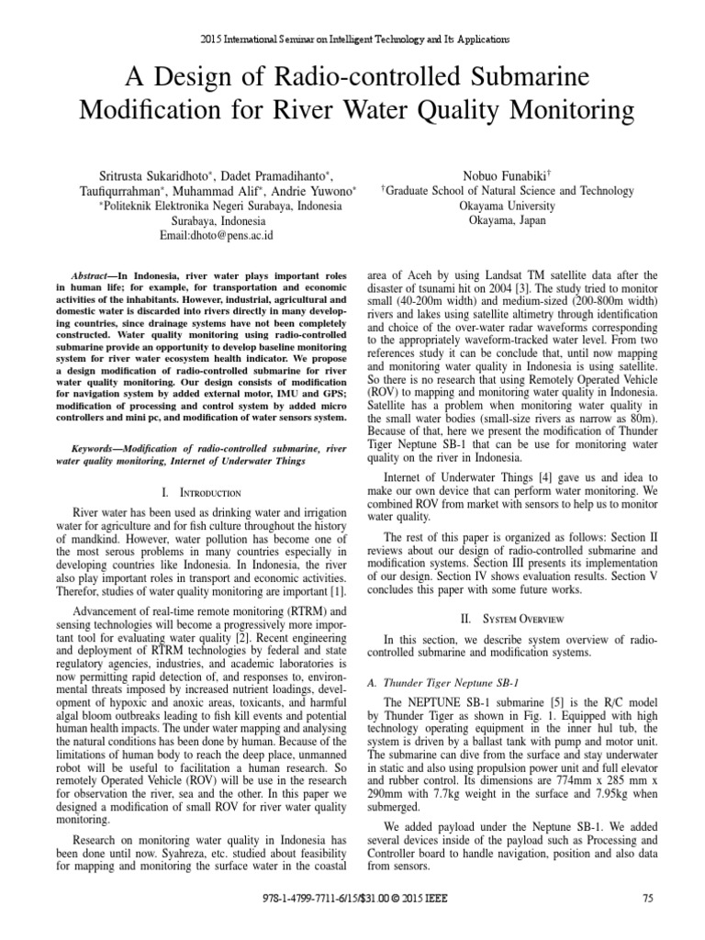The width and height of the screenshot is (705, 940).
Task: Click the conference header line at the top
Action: [352, 40]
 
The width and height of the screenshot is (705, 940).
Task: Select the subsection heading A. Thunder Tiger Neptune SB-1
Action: [442, 683]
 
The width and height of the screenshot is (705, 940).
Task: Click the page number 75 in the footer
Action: [647, 899]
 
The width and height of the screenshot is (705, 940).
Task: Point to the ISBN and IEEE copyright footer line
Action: [352, 899]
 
